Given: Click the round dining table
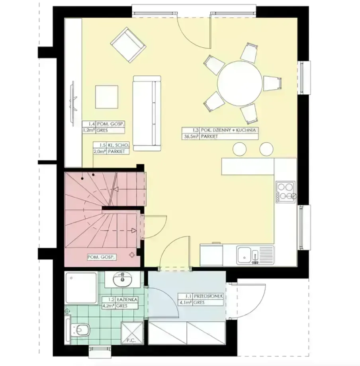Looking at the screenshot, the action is [x=240, y=83].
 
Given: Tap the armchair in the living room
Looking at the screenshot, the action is [x=128, y=45].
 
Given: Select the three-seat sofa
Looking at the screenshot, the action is [x=147, y=113].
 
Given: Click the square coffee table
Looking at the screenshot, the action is [x=106, y=97].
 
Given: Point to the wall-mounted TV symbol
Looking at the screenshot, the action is [x=73, y=102].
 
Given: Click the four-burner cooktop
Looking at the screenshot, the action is [x=285, y=192].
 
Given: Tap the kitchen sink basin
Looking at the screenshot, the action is [x=244, y=255].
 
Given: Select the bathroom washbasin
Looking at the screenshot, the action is [x=122, y=279].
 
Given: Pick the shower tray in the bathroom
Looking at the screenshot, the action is [x=81, y=288].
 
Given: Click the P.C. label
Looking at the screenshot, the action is [x=131, y=341].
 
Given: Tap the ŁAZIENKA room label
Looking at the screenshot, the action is [x=127, y=299].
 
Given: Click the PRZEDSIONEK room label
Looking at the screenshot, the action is [x=208, y=296].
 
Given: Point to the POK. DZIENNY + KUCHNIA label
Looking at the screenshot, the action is [x=228, y=130].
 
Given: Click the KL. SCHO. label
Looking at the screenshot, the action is [x=117, y=145].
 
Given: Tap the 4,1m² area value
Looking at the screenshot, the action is [x=185, y=303].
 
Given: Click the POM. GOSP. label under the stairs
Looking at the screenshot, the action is [x=101, y=257].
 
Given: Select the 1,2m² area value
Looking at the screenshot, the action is [x=89, y=130].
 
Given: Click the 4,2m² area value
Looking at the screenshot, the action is [x=108, y=306].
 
